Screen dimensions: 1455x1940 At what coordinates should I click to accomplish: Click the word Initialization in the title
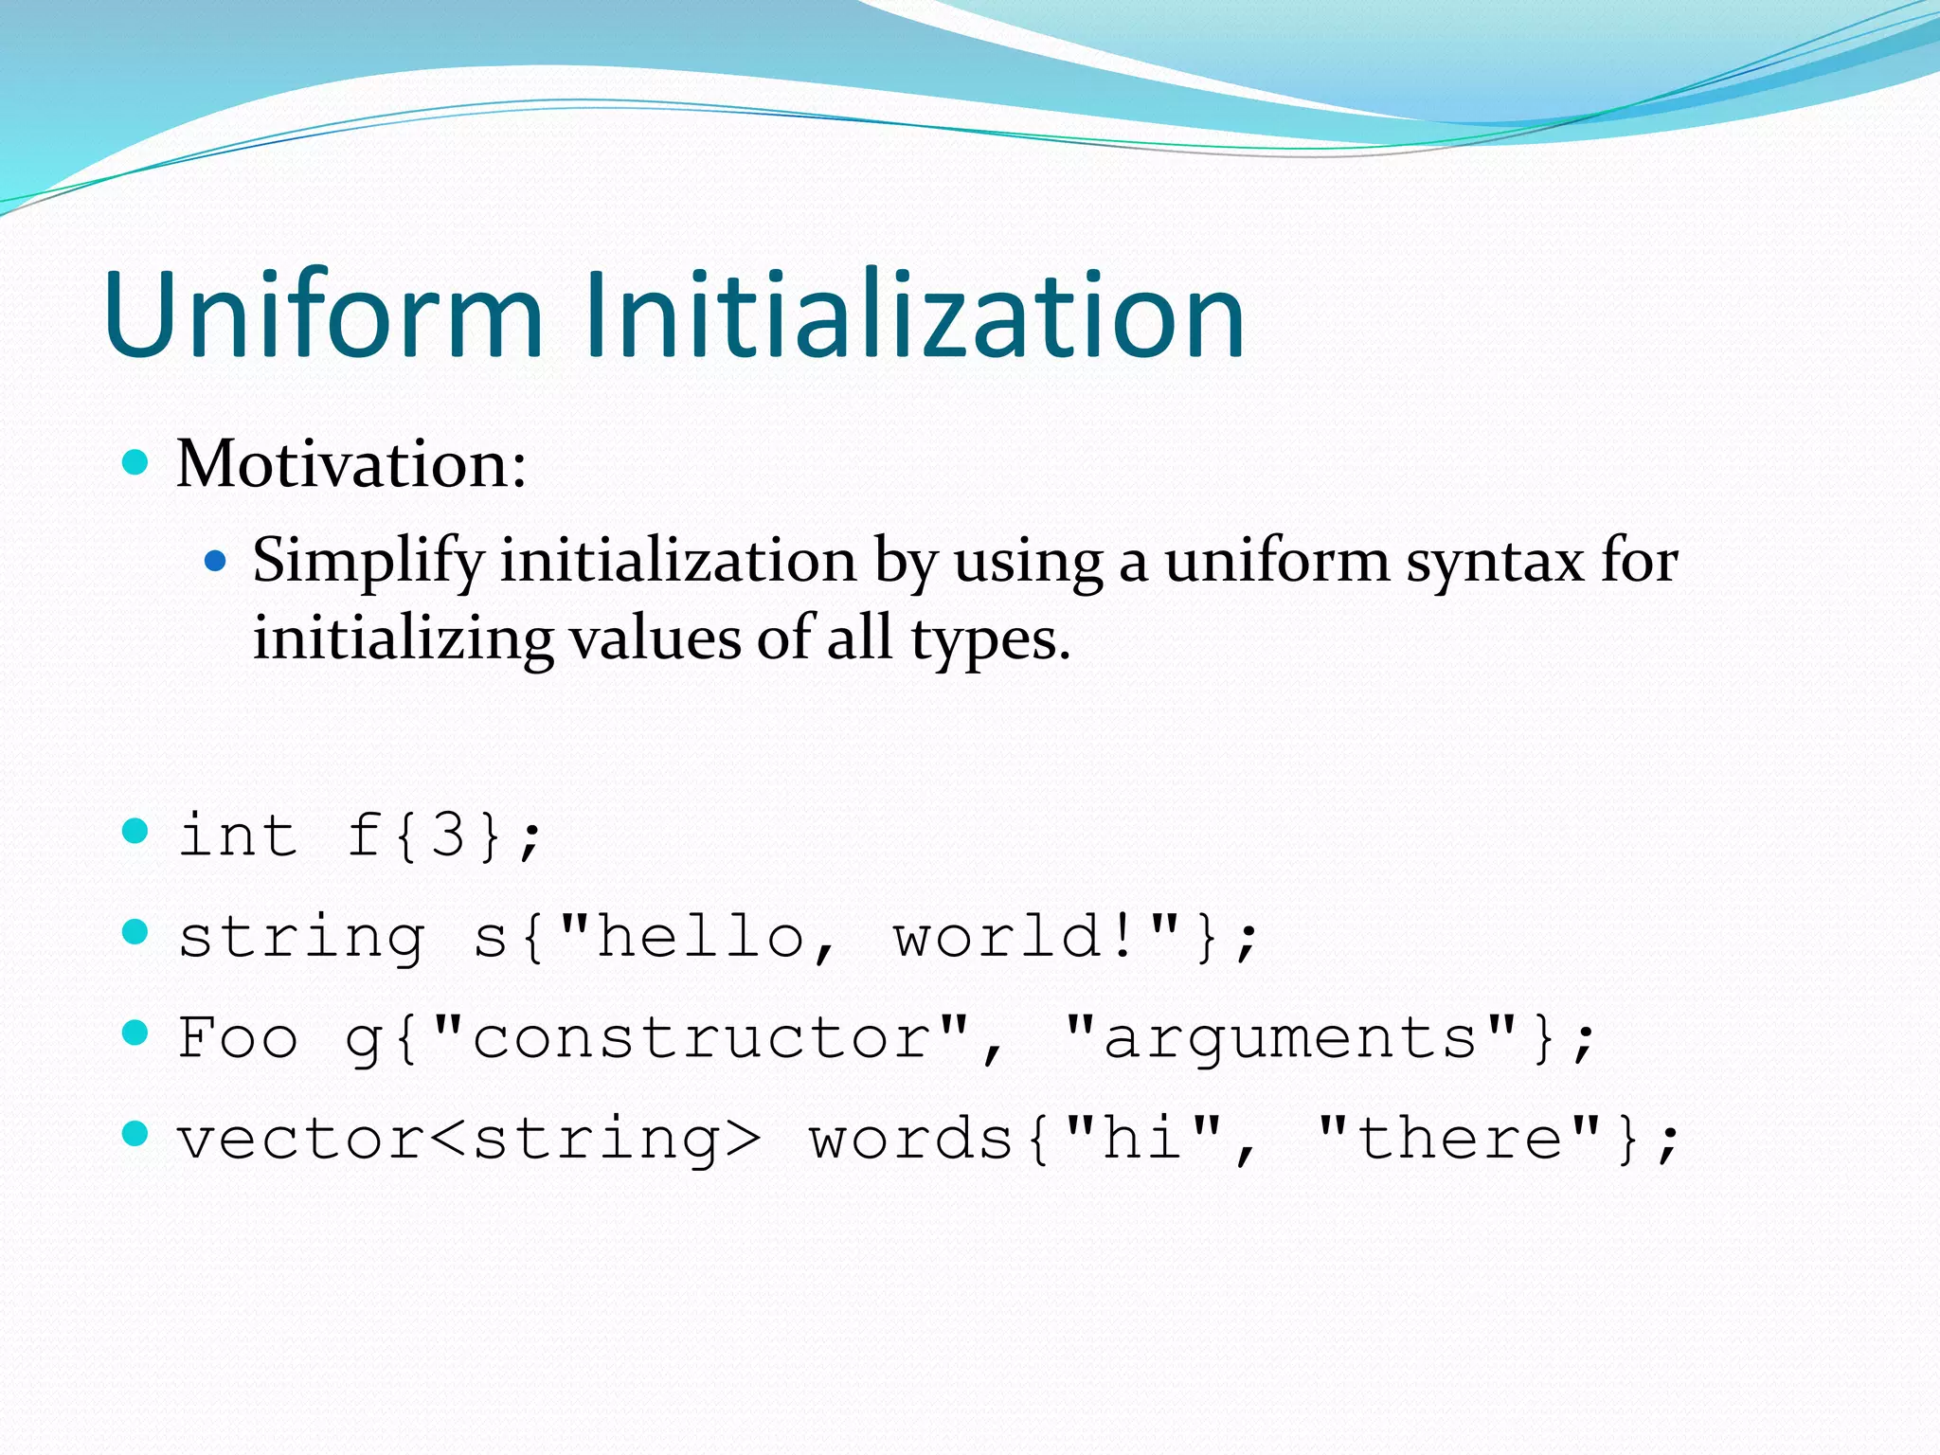(x=914, y=314)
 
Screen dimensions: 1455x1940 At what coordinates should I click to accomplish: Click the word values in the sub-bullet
(x=654, y=638)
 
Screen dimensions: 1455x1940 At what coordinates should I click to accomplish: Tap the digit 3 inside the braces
(x=447, y=835)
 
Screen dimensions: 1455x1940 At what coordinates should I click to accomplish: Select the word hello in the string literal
(x=701, y=937)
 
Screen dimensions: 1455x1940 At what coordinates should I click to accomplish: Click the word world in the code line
(x=1000, y=937)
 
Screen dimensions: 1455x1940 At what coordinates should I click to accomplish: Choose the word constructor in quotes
(x=701, y=1037)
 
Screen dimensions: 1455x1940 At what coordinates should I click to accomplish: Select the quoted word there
(x=1459, y=1138)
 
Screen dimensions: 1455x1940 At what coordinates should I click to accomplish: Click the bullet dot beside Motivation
(x=136, y=462)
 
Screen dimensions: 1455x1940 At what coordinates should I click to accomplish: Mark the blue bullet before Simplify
(x=216, y=561)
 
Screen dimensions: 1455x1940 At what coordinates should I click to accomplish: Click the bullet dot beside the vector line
(x=136, y=1133)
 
